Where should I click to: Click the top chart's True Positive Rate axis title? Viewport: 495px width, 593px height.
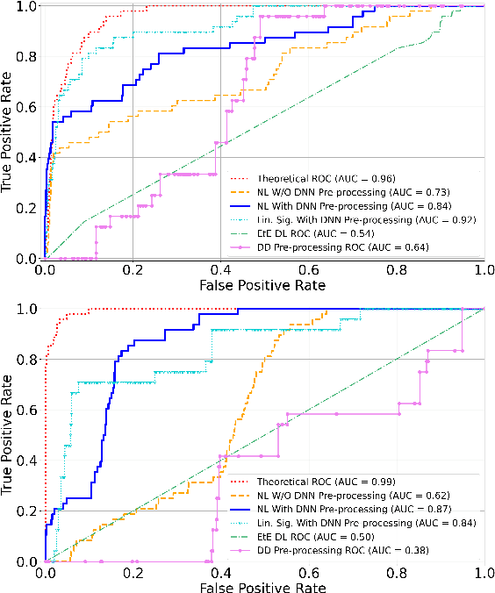[9, 132]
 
